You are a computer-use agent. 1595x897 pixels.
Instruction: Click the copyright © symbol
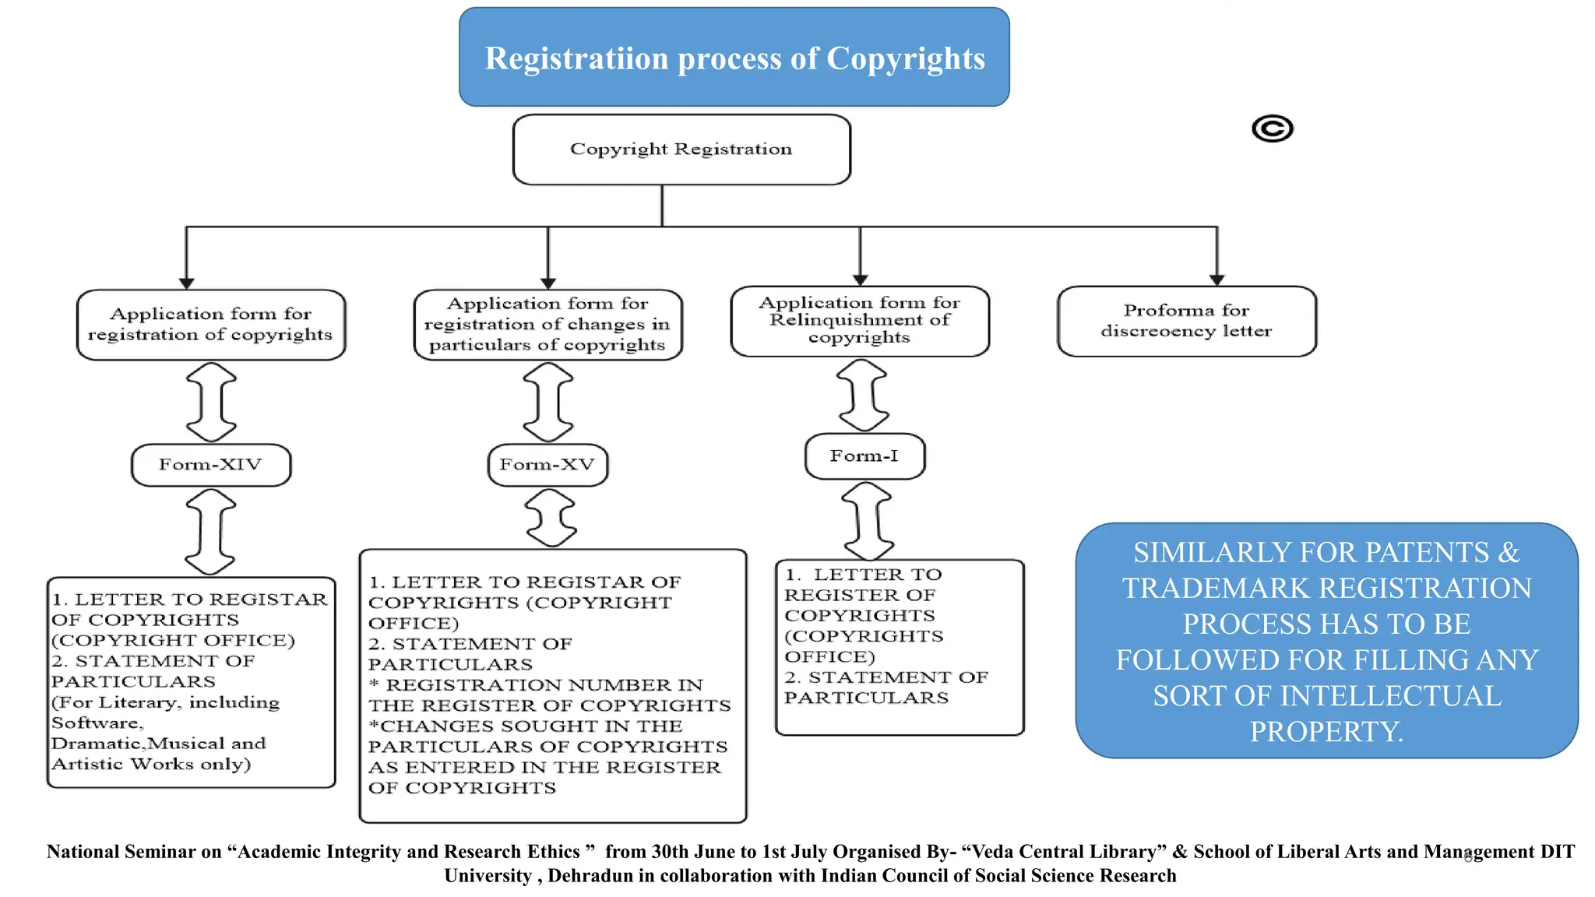(x=1272, y=128)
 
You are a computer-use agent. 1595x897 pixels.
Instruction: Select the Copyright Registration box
(x=681, y=149)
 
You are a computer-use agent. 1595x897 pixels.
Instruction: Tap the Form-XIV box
(x=210, y=465)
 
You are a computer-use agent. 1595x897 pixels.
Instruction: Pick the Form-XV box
(x=547, y=465)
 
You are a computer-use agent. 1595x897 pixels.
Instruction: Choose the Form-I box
(x=864, y=456)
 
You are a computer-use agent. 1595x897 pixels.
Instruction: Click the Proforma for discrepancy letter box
(x=1186, y=322)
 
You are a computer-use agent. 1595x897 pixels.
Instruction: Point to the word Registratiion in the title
(x=576, y=59)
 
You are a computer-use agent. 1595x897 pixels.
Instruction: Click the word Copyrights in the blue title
(x=905, y=59)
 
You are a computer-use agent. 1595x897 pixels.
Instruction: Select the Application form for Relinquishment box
(x=859, y=321)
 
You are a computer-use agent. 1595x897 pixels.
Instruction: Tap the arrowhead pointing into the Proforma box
(x=1216, y=280)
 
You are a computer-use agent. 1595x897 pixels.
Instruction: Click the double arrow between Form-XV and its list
(x=551, y=518)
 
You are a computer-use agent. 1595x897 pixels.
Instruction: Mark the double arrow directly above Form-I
(x=862, y=396)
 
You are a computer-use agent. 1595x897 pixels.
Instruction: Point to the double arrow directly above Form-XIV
(x=211, y=403)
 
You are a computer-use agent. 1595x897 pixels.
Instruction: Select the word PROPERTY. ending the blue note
(x=1326, y=732)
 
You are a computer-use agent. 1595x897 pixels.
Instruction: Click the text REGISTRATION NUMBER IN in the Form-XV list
(x=544, y=685)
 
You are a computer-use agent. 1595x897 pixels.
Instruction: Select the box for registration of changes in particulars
(x=547, y=325)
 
